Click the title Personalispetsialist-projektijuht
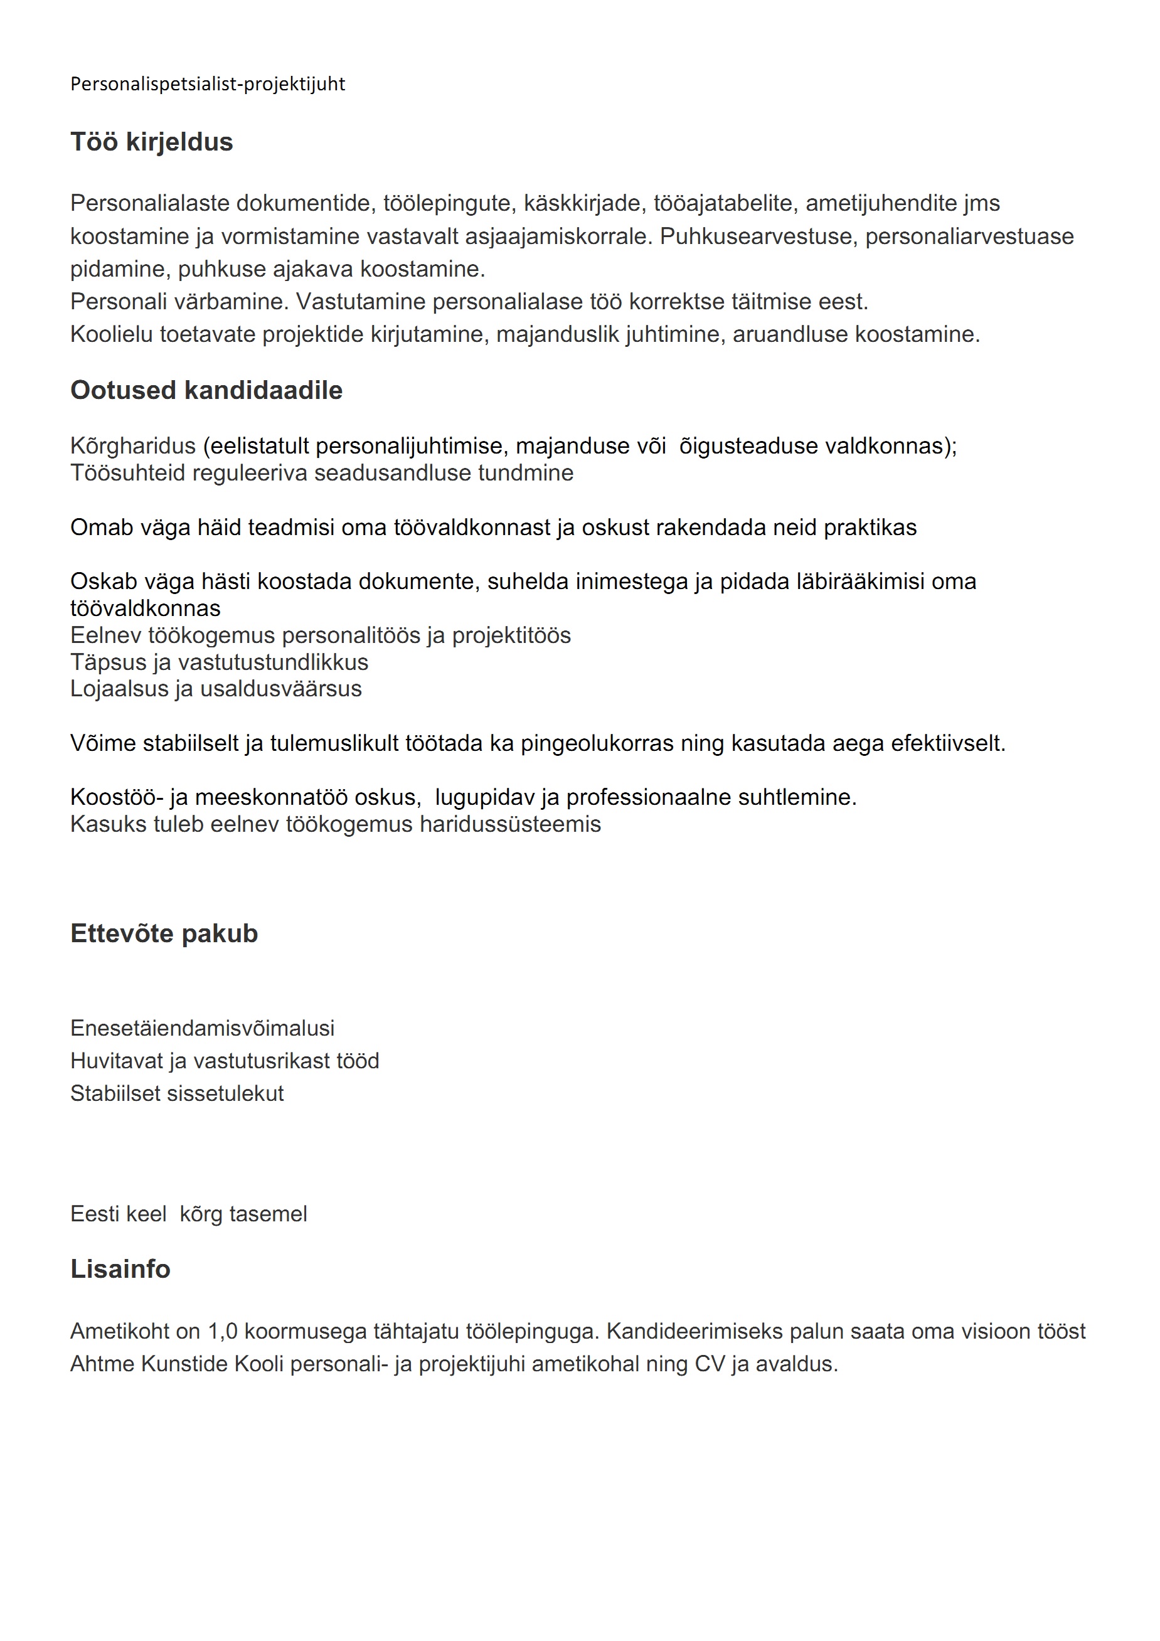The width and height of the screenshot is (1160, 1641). point(207,84)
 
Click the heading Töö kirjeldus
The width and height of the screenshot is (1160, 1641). point(152,142)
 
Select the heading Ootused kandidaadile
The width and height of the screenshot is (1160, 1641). point(206,390)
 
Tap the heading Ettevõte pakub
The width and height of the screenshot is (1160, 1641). point(164,933)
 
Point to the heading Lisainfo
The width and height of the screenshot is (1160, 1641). point(120,1268)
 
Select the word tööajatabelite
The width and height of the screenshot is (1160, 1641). point(723,204)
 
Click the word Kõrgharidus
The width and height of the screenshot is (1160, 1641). point(133,446)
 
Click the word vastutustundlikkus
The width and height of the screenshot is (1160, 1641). point(273,662)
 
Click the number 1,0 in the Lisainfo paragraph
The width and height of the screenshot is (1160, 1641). point(222,1332)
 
